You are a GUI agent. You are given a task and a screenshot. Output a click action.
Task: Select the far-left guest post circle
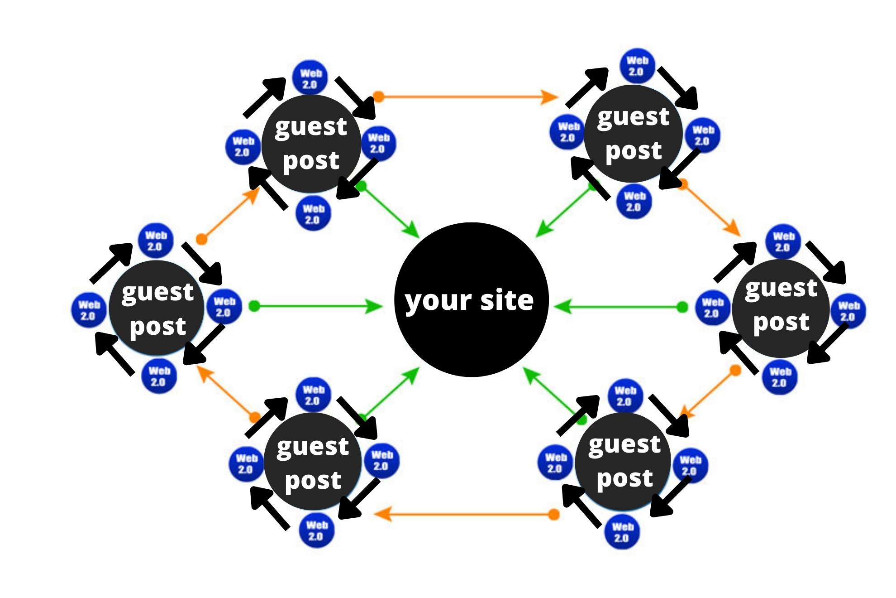click(x=157, y=308)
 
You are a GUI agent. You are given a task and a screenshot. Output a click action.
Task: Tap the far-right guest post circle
click(x=781, y=308)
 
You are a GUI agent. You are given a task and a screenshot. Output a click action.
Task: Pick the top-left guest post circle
click(x=311, y=144)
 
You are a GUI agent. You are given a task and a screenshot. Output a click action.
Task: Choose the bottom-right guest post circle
click(x=624, y=461)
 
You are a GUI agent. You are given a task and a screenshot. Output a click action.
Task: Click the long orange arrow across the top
click(x=466, y=96)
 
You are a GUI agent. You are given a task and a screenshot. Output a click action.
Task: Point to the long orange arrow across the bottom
click(x=466, y=514)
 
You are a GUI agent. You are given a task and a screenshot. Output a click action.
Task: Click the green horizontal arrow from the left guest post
click(x=317, y=307)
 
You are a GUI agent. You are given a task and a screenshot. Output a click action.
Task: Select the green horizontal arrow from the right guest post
click(x=618, y=308)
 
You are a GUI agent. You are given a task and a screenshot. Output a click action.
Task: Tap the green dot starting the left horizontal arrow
click(x=254, y=307)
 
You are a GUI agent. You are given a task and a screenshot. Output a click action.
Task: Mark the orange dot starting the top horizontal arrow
click(x=379, y=96)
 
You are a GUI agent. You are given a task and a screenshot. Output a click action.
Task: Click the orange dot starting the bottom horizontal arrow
click(x=554, y=514)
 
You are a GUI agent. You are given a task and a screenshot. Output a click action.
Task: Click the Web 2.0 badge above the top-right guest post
click(x=637, y=66)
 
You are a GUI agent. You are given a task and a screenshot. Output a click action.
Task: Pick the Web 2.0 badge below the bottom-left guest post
click(x=316, y=530)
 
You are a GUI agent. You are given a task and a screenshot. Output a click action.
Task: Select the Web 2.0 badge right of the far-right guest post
click(x=848, y=311)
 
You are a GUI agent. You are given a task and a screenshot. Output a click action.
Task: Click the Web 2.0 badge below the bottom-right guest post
click(x=622, y=532)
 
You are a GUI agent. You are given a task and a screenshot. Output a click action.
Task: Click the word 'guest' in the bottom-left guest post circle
click(x=312, y=447)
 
